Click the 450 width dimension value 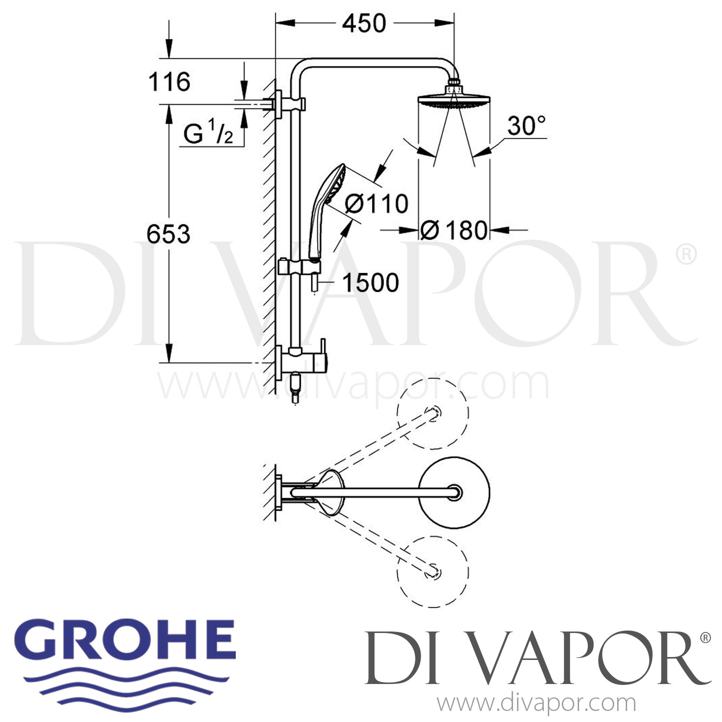coord(364,23)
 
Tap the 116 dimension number coord(169,82)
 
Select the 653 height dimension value coord(168,234)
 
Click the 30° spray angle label coord(526,126)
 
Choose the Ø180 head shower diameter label coord(453,231)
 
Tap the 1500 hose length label coord(370,283)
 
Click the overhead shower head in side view coord(453,100)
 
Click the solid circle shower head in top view coord(454,492)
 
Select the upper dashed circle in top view coord(432,413)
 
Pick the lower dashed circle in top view coord(432,571)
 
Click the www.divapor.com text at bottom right coord(536,704)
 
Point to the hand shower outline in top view coord(331,492)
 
